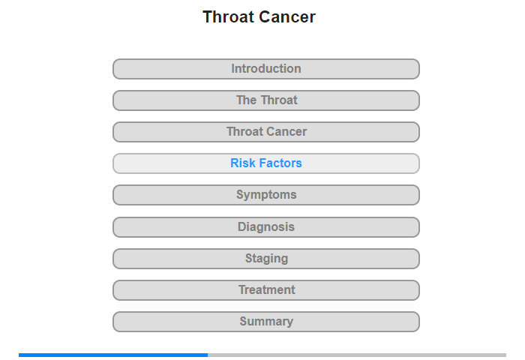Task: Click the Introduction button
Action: tap(265, 69)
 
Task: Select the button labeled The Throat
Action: tap(265, 100)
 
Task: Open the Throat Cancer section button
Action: tap(265, 132)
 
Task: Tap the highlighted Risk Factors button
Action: tap(265, 163)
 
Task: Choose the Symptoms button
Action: tap(265, 195)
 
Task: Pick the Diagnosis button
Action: tap(265, 227)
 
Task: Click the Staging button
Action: tap(265, 259)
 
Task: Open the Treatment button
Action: tap(265, 290)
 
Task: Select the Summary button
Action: tap(265, 322)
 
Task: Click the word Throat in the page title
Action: tap(228, 16)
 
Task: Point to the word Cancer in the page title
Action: tap(287, 16)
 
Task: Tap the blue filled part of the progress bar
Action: tap(113, 355)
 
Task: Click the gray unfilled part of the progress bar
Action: tap(357, 355)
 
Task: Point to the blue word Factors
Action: tap(280, 163)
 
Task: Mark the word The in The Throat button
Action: tap(247, 100)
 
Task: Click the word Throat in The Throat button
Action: tap(279, 100)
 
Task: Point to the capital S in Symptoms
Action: tap(240, 194)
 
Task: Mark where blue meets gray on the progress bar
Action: tap(208, 355)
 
